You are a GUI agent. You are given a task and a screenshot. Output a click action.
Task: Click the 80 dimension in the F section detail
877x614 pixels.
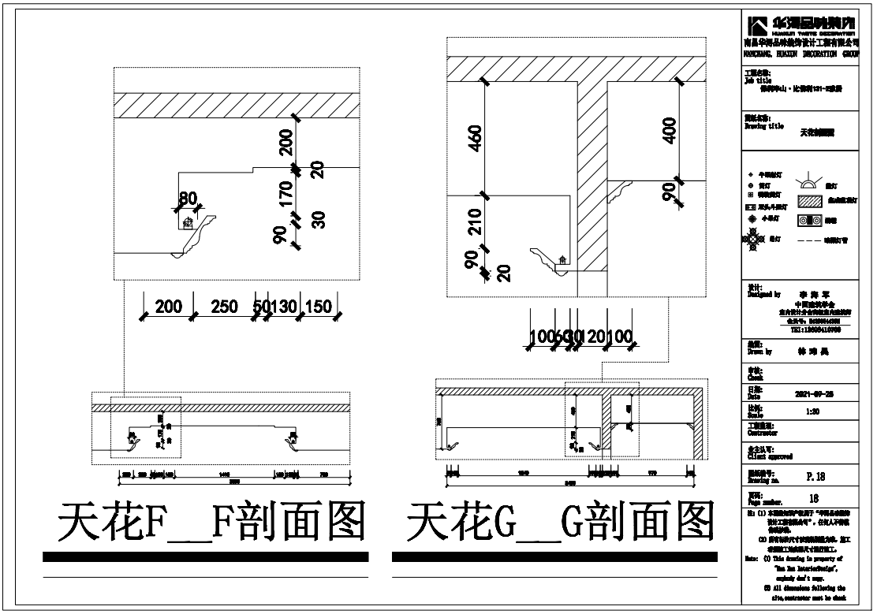click(187, 198)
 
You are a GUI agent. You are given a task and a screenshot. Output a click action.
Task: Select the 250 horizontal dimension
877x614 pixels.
click(225, 307)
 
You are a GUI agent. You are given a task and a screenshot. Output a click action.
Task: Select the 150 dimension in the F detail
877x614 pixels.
click(318, 307)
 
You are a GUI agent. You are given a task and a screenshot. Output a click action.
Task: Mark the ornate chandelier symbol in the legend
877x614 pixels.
click(753, 238)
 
